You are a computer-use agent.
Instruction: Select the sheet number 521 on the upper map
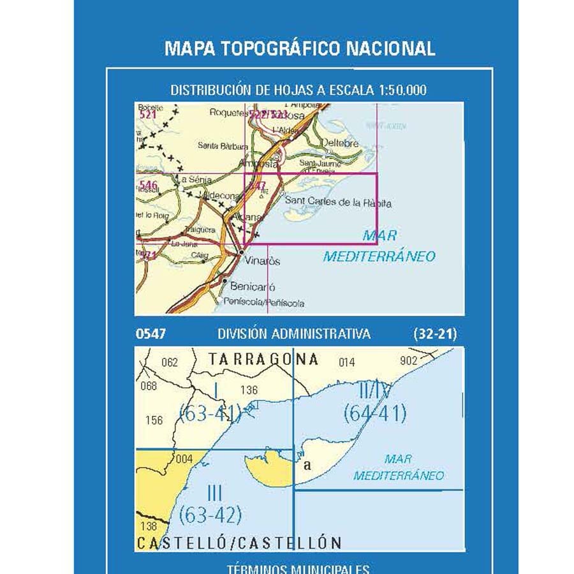click(x=147, y=115)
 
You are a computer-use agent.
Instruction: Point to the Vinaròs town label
click(x=263, y=261)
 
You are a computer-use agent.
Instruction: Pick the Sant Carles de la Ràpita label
click(x=337, y=203)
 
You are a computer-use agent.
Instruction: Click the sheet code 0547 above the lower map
click(x=151, y=334)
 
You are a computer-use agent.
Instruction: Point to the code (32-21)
click(x=434, y=334)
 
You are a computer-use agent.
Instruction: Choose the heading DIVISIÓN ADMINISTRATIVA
click(x=294, y=334)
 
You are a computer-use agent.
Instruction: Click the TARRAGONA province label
click(x=263, y=360)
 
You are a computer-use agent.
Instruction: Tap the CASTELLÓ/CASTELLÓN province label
click(x=239, y=543)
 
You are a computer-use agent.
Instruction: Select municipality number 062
click(x=170, y=363)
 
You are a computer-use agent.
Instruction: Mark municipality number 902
click(x=409, y=360)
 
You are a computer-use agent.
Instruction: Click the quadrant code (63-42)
click(x=210, y=513)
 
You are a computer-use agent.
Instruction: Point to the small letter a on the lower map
click(x=307, y=465)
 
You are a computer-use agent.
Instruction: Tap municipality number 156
click(x=154, y=420)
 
